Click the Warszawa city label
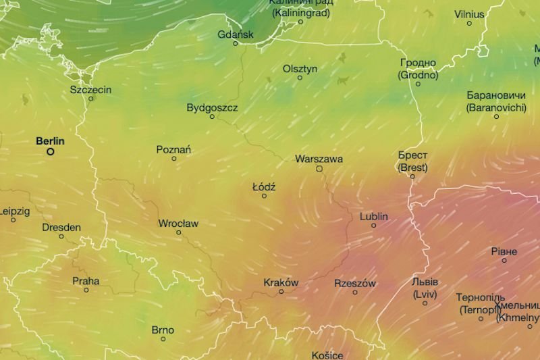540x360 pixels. point(319,159)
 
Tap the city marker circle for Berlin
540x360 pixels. point(51,152)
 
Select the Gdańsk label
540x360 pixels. point(236,34)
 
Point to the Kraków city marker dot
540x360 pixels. point(281,291)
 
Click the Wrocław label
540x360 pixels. point(178,223)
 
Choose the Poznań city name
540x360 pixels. point(173,149)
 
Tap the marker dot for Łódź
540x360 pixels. point(264,196)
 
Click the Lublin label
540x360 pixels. point(374,216)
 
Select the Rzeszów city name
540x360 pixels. point(355,284)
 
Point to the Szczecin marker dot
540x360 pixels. point(91,99)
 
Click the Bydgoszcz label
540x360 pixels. point(212,107)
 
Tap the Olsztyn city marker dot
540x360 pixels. point(300,78)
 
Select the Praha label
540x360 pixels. point(86,281)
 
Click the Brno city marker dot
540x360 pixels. point(163,339)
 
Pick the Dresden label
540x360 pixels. point(61,228)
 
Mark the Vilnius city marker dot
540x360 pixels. point(470,23)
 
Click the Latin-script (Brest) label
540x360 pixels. point(412,167)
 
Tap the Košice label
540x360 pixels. point(327,355)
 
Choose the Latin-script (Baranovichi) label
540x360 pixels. point(496,107)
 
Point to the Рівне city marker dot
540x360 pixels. point(504,260)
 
